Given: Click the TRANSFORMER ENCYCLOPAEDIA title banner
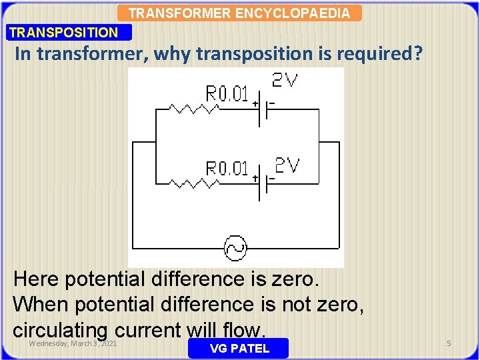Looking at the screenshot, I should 239,13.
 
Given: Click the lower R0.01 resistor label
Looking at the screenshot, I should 227,168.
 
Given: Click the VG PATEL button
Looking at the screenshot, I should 239,348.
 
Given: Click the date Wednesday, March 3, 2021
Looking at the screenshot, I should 73,343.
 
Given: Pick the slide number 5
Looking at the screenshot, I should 449,343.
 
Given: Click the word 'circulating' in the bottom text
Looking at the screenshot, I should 60,329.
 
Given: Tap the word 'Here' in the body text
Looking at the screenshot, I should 37,278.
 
